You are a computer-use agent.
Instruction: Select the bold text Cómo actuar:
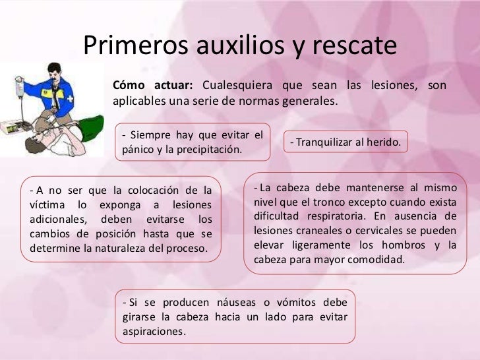click(x=153, y=86)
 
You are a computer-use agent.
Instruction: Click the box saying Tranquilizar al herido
click(x=346, y=142)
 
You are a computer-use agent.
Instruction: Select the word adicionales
click(x=58, y=220)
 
